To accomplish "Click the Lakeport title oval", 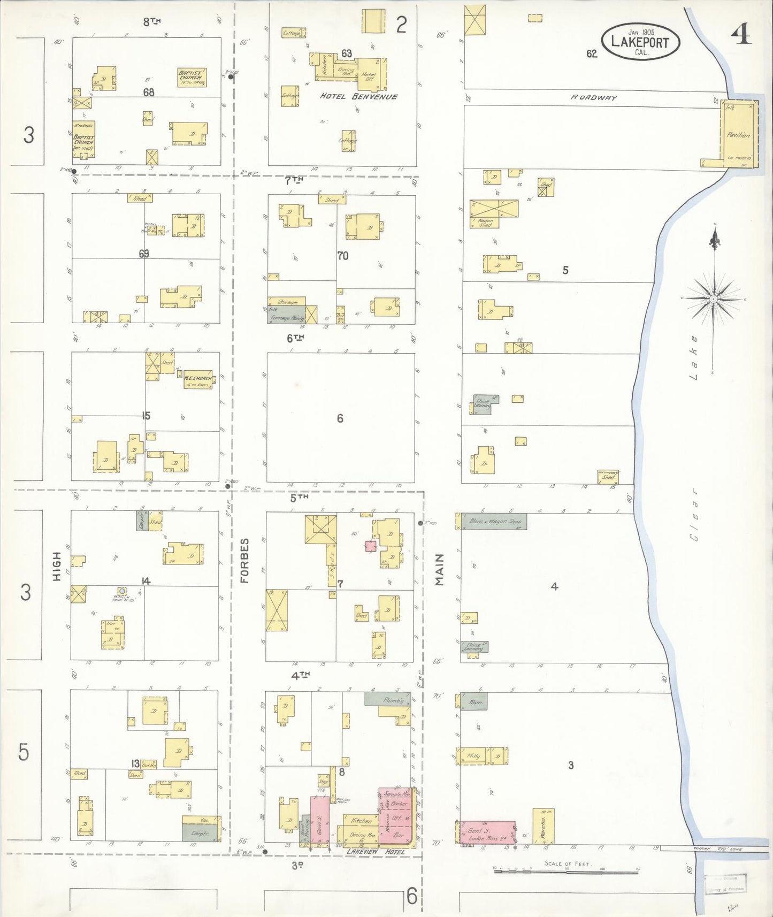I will pyautogui.click(x=640, y=42).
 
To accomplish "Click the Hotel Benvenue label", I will pyautogui.click(x=359, y=97).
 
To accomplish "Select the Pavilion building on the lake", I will pyautogui.click(x=738, y=134).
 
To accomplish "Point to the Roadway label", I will pyautogui.click(x=593, y=98).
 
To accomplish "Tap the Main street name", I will pyautogui.click(x=440, y=570).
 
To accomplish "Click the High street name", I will pyautogui.click(x=57, y=567).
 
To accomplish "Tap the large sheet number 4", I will pyautogui.click(x=741, y=35).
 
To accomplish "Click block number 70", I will pyautogui.click(x=343, y=256).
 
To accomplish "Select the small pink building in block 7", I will pyautogui.click(x=370, y=546).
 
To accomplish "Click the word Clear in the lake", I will pyautogui.click(x=694, y=514).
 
